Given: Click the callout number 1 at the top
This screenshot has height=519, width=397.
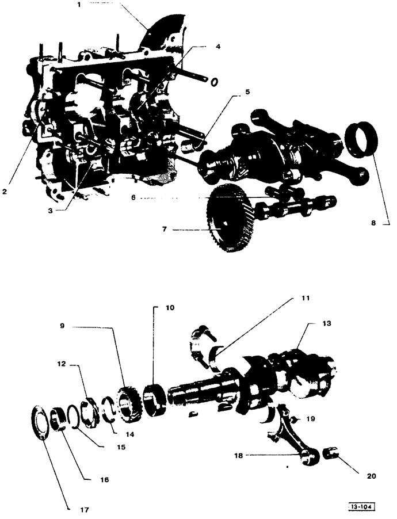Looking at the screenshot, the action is [79, 5].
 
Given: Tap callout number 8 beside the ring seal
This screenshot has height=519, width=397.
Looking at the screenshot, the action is [373, 223].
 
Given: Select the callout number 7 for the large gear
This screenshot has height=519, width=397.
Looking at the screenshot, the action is [165, 229].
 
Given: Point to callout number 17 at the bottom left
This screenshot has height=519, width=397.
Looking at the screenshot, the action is [85, 510].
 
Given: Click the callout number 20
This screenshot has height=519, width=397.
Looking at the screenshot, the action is [372, 476].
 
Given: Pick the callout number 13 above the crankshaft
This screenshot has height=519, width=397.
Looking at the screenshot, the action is [326, 323].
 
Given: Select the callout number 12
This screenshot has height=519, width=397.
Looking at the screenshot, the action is [62, 364].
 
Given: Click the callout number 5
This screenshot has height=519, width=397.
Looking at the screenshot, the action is [247, 92].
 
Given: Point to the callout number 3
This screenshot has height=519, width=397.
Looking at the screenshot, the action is [50, 211].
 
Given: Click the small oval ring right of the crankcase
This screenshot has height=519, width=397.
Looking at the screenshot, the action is [214, 82].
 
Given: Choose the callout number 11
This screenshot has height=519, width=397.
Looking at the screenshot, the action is [306, 298].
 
